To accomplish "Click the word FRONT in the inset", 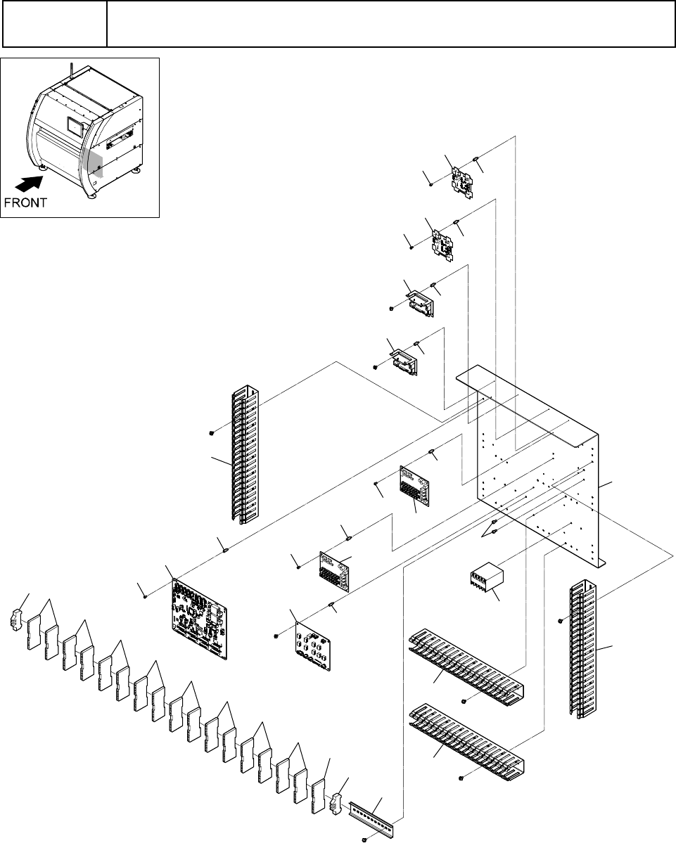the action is click(25, 202).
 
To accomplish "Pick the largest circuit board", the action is click(200, 618).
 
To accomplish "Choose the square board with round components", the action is click(312, 645).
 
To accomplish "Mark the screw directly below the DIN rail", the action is click(365, 839).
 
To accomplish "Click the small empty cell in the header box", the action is click(55, 24).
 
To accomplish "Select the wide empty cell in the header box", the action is click(390, 24).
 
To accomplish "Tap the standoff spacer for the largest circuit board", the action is click(225, 549).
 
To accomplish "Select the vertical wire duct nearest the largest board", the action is click(245, 454).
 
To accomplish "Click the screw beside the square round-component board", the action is click(276, 636).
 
